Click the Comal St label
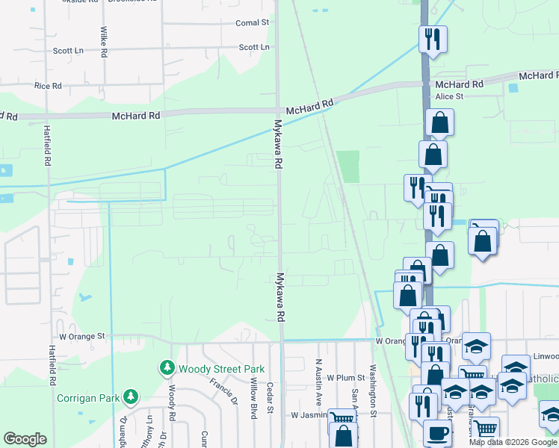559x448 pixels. coord(252,23)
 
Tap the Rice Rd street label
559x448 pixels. coord(48,86)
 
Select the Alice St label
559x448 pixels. coord(450,96)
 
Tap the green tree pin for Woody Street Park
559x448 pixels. coord(166,368)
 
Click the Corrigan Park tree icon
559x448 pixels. coord(131,396)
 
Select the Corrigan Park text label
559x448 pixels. coord(89,397)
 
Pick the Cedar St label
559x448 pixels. coord(271,402)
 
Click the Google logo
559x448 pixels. coord(25,439)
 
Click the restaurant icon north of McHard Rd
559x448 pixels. coord(432,39)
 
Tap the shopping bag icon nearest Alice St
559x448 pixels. coord(440,122)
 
